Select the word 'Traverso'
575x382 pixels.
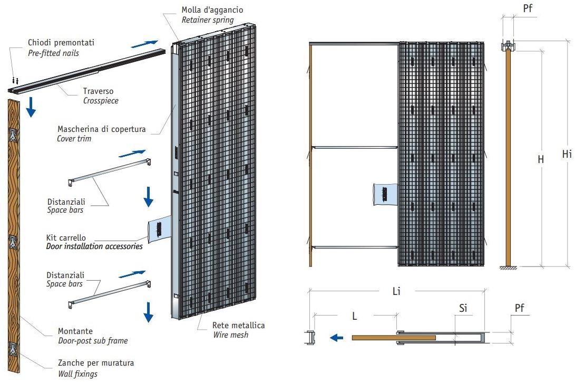click(x=98, y=91)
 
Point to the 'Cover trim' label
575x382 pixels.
click(x=74, y=139)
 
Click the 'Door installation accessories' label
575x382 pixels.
click(x=94, y=246)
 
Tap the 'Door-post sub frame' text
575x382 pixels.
click(x=93, y=341)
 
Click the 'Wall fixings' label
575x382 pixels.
click(x=77, y=374)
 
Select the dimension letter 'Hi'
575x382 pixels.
click(x=567, y=155)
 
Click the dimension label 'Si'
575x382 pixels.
click(x=463, y=308)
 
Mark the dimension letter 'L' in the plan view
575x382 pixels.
click(x=355, y=316)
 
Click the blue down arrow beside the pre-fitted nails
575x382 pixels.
click(x=31, y=106)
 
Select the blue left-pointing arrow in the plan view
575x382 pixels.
click(x=334, y=337)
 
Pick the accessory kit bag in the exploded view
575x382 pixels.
click(x=158, y=230)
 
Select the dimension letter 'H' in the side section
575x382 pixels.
click(x=540, y=158)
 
